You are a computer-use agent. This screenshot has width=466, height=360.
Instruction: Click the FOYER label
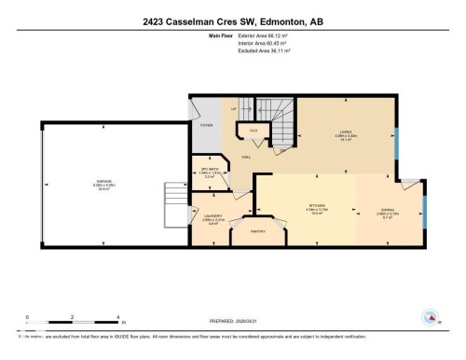click(x=207, y=126)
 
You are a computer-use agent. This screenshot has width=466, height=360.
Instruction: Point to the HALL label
click(x=247, y=158)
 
